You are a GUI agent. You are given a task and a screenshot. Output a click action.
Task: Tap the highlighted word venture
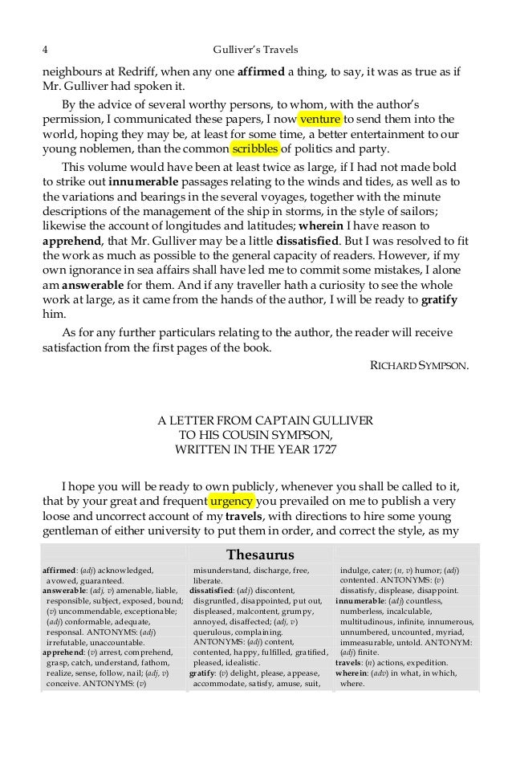coord(321,120)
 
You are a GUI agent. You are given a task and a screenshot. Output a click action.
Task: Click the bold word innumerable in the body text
coord(140,182)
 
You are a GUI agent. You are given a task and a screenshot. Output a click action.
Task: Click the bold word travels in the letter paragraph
coord(257,517)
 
